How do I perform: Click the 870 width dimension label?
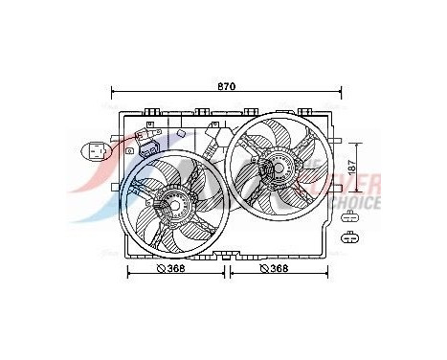click(225, 86)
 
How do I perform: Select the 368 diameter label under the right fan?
click(277, 269)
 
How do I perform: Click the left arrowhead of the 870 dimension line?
click(116, 93)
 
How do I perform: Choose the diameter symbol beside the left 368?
click(160, 269)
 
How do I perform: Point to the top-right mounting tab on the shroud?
click(304, 111)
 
